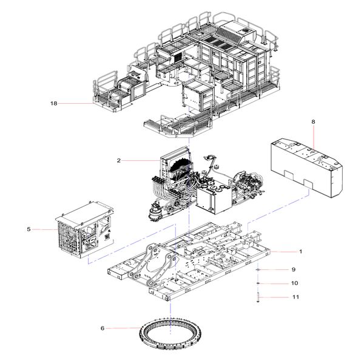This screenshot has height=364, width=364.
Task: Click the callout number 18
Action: click(53, 104)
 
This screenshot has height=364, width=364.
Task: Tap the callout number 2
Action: click(120, 161)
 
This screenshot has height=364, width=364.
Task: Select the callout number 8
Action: click(313, 123)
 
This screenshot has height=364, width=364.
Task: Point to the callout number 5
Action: click(29, 229)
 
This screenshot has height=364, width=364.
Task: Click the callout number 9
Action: click(294, 269)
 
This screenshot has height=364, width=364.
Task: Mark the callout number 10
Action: click(295, 283)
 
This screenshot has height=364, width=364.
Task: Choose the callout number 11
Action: click(295, 297)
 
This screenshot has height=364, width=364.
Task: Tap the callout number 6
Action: click(103, 328)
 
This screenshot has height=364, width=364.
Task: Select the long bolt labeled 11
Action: click(258, 297)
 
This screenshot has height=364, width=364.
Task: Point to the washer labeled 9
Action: click(258, 269)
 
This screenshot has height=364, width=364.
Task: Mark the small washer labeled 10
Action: click(258, 283)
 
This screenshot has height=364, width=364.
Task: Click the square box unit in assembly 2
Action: click(212, 200)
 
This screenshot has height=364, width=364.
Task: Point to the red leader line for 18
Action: click(76, 104)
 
